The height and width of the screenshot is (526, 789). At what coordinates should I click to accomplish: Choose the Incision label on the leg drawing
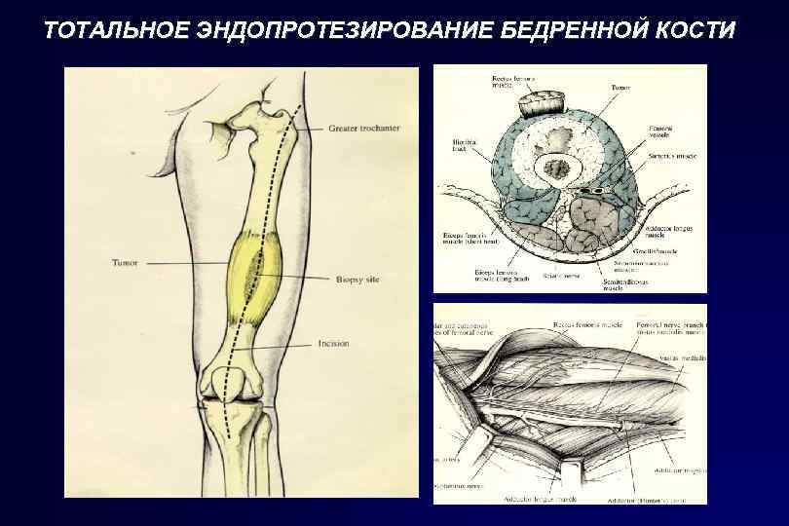click(333, 344)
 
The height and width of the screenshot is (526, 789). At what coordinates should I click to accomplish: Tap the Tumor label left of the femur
click(125, 263)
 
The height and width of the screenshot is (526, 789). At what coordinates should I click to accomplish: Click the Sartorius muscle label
click(671, 155)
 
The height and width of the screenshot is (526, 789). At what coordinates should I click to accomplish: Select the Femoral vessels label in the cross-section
click(662, 131)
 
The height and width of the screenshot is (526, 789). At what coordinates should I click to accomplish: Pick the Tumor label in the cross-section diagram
click(620, 88)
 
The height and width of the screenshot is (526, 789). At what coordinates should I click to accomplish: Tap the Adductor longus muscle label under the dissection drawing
click(541, 498)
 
